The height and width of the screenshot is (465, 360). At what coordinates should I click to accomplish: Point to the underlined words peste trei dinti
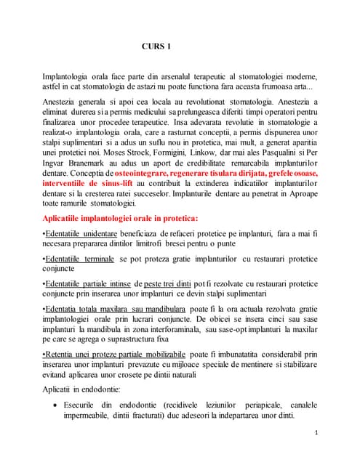169,305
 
